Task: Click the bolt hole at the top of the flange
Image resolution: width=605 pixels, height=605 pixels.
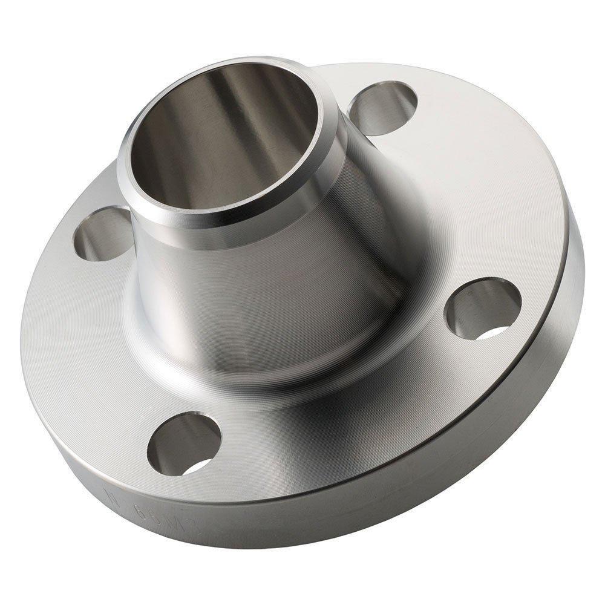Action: pos(383,109)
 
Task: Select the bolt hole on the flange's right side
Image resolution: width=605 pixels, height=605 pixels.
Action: pos(482,309)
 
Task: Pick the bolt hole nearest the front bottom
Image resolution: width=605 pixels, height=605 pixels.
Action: pos(183,443)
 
